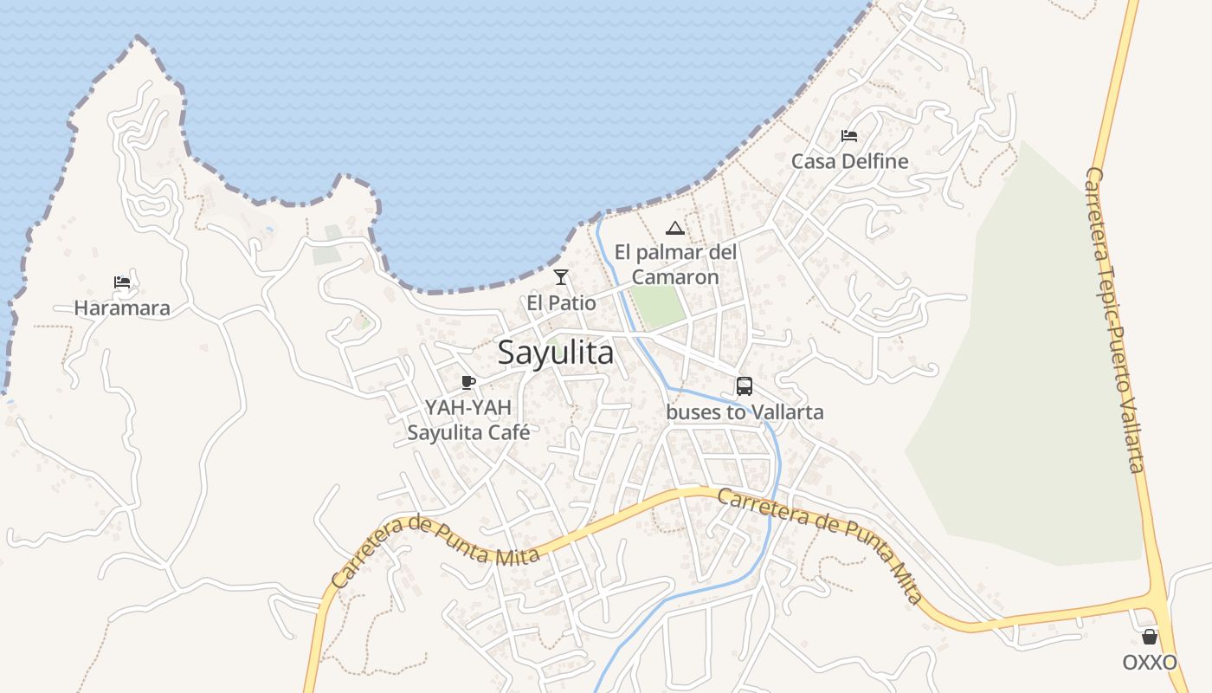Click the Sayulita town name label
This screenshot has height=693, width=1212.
pyautogui.click(x=556, y=353)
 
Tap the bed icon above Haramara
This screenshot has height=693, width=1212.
pyautogui.click(x=122, y=282)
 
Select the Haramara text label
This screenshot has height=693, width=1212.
pyautogui.click(x=122, y=308)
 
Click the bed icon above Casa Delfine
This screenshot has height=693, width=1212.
pyautogui.click(x=849, y=136)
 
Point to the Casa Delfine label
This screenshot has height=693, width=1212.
pyautogui.click(x=849, y=161)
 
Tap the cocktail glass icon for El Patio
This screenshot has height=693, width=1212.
pyautogui.click(x=561, y=277)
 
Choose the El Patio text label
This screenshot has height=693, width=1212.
pyautogui.click(x=561, y=303)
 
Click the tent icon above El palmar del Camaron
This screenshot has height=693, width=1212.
pyautogui.click(x=675, y=229)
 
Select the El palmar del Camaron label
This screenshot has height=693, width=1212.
pyautogui.click(x=675, y=264)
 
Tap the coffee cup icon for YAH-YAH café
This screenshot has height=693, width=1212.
pyautogui.click(x=468, y=382)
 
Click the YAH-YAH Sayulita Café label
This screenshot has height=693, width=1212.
pyautogui.click(x=468, y=419)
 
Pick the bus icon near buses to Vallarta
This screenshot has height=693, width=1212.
pyautogui.click(x=745, y=386)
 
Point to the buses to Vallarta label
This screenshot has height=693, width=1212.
pyautogui.click(x=745, y=412)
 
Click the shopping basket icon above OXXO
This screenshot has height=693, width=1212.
pyautogui.click(x=1150, y=638)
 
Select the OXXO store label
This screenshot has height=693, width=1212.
pyautogui.click(x=1150, y=663)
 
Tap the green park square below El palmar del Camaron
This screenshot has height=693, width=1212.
pyautogui.click(x=658, y=305)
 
